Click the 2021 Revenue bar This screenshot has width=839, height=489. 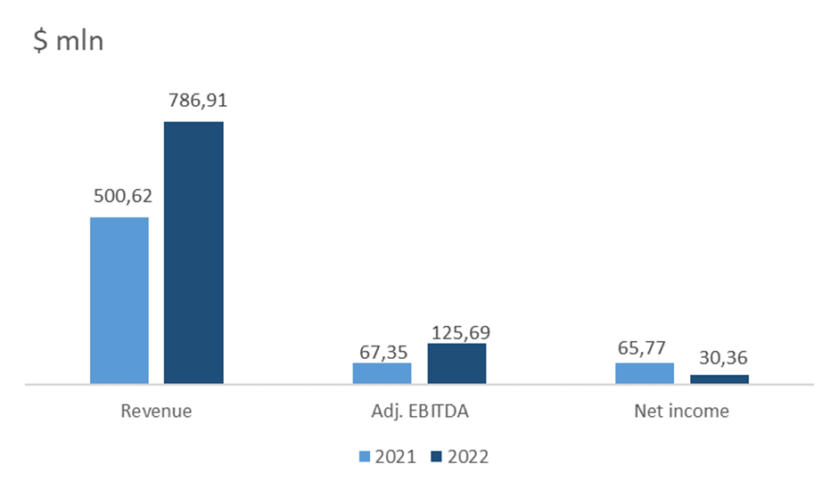(119, 300)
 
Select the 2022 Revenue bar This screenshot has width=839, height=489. (193, 253)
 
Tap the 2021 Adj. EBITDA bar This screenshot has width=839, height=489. (382, 373)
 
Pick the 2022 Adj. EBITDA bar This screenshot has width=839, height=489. (457, 363)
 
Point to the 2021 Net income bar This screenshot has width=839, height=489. (645, 373)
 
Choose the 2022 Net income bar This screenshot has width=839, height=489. (720, 379)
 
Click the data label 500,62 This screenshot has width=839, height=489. (123, 196)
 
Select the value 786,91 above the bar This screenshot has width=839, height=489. (198, 101)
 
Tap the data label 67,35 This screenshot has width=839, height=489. (383, 353)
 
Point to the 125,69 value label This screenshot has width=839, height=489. (461, 333)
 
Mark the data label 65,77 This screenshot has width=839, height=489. (642, 348)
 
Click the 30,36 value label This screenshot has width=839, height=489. (723, 358)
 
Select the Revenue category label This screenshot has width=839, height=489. (156, 411)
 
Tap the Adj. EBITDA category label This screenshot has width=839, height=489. (420, 411)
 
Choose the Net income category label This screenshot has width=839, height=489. (682, 411)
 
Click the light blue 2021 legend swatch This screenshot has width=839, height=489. (365, 457)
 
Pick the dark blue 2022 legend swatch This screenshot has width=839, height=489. (437, 457)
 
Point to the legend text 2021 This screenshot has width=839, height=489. (395, 457)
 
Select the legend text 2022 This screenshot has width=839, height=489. (468, 457)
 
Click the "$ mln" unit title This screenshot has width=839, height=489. (69, 41)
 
